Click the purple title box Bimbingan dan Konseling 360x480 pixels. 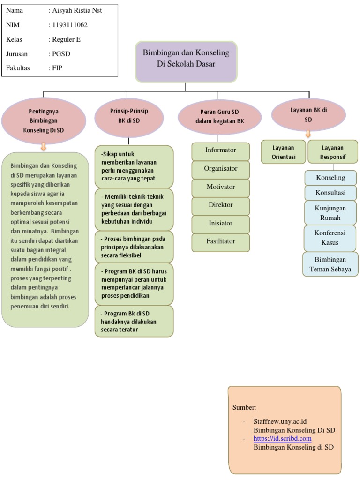click(x=186, y=61)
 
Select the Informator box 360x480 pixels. click(x=220, y=150)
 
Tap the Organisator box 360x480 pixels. click(x=220, y=169)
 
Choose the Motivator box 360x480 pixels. click(x=220, y=187)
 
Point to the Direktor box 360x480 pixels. click(x=220, y=205)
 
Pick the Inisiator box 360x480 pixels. click(x=220, y=224)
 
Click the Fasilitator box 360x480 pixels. click(x=220, y=242)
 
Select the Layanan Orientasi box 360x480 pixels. click(x=283, y=152)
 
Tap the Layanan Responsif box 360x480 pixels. click(x=333, y=152)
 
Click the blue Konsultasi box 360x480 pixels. click(x=330, y=193)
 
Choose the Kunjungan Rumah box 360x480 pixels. click(x=330, y=213)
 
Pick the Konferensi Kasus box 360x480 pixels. click(x=330, y=238)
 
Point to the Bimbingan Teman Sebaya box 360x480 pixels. click(x=330, y=264)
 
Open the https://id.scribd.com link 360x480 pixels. click(x=282, y=439)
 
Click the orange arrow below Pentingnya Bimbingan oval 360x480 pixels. click(x=44, y=147)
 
